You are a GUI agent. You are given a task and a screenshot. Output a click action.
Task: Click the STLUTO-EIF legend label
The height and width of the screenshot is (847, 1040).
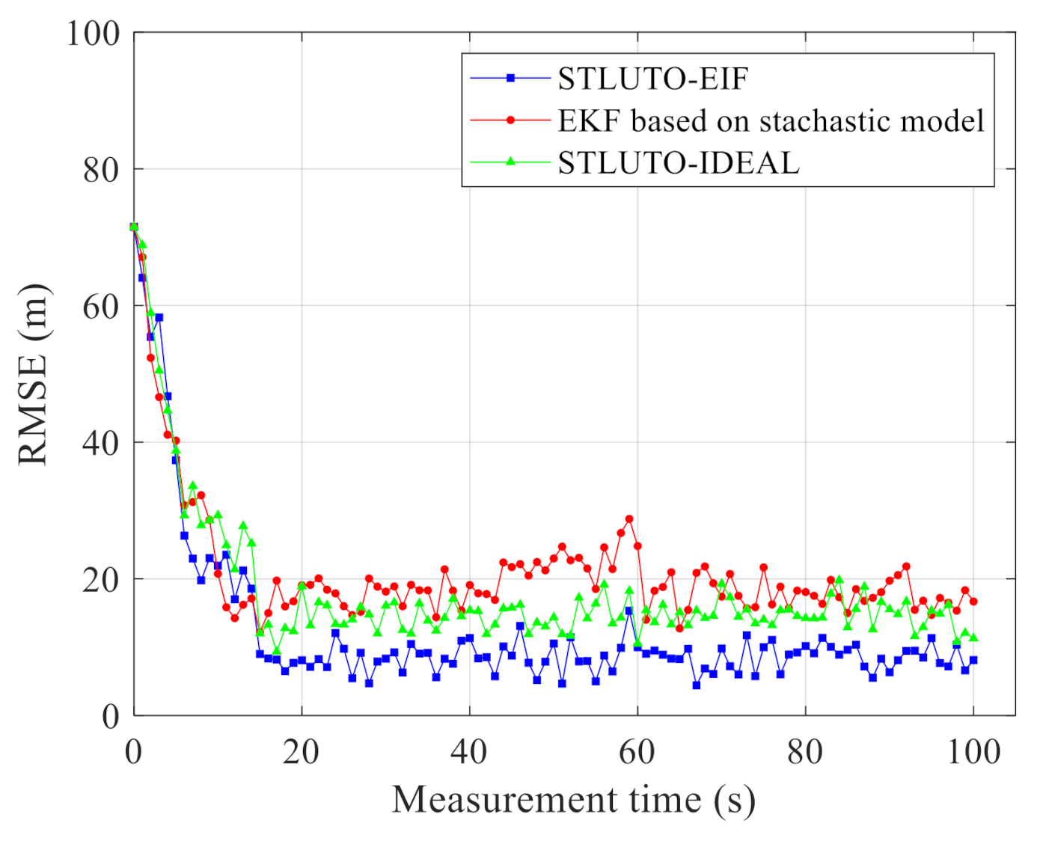(x=652, y=79)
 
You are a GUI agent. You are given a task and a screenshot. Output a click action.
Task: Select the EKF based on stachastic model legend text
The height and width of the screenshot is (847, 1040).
(x=771, y=120)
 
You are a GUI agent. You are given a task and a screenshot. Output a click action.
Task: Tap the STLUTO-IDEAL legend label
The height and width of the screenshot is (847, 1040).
(x=679, y=162)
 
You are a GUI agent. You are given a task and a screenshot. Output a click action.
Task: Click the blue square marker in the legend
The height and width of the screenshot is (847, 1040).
(x=511, y=78)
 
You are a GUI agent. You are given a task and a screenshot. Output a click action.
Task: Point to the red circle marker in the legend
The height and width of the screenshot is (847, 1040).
(x=511, y=120)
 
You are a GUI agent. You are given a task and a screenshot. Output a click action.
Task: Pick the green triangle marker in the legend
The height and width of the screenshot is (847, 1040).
(x=511, y=162)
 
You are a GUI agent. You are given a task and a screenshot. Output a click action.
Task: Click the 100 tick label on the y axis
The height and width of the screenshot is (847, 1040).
(x=94, y=34)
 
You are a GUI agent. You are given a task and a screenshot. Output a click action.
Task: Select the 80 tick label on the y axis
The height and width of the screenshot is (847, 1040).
(x=101, y=170)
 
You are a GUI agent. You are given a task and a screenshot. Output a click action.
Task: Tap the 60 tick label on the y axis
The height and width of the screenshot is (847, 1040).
(x=101, y=307)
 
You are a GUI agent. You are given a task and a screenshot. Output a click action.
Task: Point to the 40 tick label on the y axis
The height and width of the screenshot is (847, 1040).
(x=101, y=443)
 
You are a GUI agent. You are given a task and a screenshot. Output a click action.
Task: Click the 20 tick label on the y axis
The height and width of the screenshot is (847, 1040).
(x=101, y=580)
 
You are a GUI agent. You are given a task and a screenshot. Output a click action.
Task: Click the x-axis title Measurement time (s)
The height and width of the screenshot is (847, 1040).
(x=574, y=800)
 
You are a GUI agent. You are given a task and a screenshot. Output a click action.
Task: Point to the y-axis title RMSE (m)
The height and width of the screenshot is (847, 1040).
(x=34, y=374)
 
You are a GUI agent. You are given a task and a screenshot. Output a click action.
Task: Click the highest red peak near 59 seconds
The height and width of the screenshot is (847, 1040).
(x=629, y=519)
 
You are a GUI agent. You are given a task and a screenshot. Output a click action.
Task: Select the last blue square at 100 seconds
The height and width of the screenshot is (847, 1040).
(x=973, y=660)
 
